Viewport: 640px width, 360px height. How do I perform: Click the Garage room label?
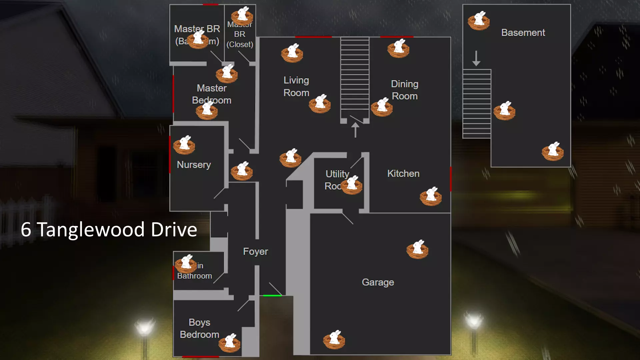pyautogui.click(x=378, y=282)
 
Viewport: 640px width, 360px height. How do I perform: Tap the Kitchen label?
pyautogui.click(x=403, y=173)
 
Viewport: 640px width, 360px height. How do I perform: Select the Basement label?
pyautogui.click(x=523, y=32)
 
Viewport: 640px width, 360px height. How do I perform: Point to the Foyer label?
pyautogui.click(x=255, y=251)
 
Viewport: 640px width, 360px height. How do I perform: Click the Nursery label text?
pyautogui.click(x=194, y=165)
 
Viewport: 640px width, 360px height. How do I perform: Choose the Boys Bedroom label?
pyautogui.click(x=199, y=328)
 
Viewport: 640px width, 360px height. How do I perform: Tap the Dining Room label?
pyautogui.click(x=404, y=90)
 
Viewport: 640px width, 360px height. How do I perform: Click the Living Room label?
pyautogui.click(x=296, y=86)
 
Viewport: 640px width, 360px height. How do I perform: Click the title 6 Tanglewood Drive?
pyautogui.click(x=109, y=230)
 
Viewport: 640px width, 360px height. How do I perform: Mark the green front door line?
pyautogui.click(x=272, y=296)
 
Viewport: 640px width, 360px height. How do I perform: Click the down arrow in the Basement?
pyautogui.click(x=476, y=58)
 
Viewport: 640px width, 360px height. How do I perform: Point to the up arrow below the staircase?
pyautogui.click(x=355, y=130)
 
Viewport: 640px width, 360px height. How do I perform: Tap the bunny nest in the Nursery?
pyautogui.click(x=184, y=145)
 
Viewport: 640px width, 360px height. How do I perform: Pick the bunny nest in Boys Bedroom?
pyautogui.click(x=230, y=343)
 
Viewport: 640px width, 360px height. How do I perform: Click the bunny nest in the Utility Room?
pyautogui.click(x=352, y=185)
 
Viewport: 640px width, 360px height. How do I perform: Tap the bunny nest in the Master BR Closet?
pyautogui.click(x=242, y=16)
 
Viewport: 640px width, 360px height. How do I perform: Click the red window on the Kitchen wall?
pyautogui.click(x=451, y=179)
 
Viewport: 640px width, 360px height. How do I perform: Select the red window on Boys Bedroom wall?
pyautogui.click(x=200, y=357)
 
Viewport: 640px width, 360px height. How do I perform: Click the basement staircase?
pyautogui.click(x=477, y=103)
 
